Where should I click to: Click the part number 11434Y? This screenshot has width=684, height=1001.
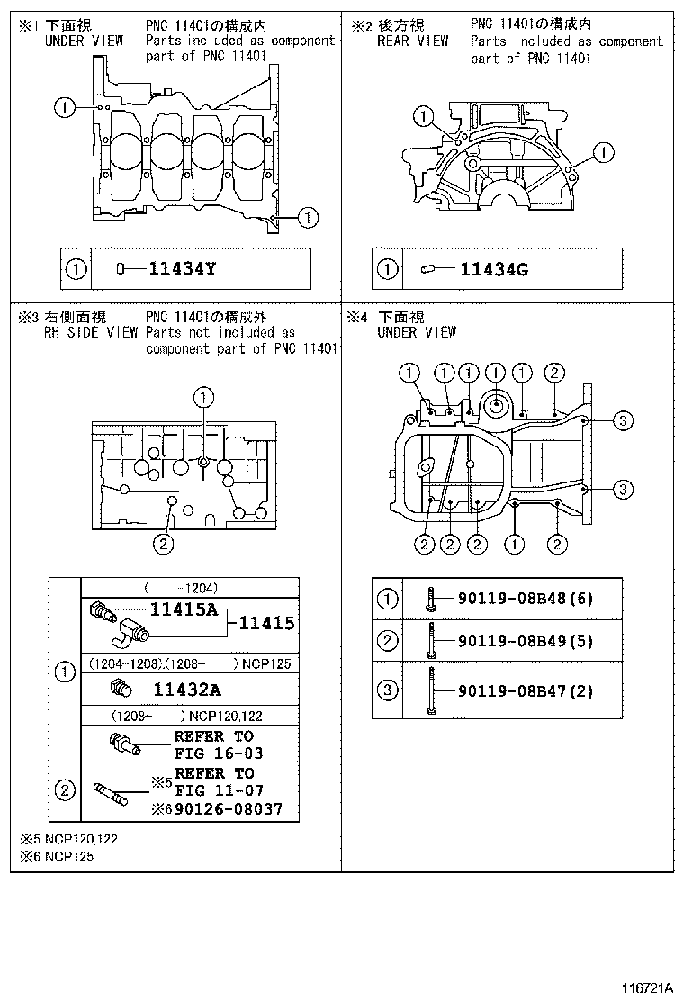[x=183, y=268]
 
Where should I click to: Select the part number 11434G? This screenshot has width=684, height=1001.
[x=494, y=268]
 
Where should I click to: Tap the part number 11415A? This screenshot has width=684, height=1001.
[x=184, y=609]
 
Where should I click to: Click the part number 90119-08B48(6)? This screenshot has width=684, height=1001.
[x=526, y=598]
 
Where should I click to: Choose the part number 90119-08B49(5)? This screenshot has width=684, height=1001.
[x=526, y=641]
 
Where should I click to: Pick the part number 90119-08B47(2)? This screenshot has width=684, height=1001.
[x=526, y=691]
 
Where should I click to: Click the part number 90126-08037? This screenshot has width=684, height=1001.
[x=229, y=809]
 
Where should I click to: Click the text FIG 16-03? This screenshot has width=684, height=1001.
[x=219, y=753]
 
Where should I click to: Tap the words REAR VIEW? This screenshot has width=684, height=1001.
[x=412, y=41]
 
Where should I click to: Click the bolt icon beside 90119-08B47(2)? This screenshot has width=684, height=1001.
[x=433, y=690]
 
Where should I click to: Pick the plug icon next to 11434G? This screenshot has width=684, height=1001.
[x=427, y=268]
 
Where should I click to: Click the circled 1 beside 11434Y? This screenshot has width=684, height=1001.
[x=76, y=268]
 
